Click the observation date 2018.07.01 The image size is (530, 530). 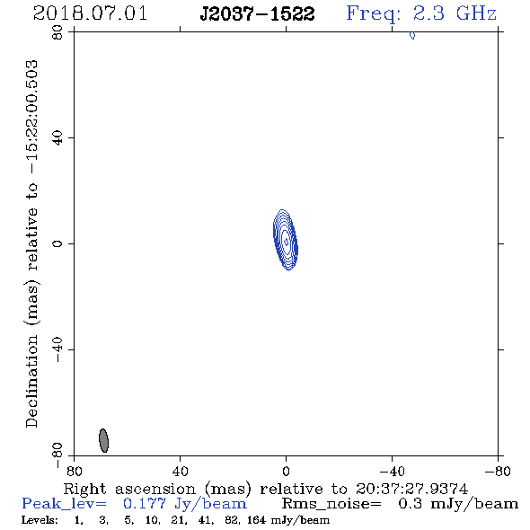click(x=90, y=13)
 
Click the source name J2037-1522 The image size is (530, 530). click(x=257, y=13)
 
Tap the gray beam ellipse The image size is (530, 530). click(x=103, y=440)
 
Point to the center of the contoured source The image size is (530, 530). click(x=286, y=242)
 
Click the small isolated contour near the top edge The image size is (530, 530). click(x=412, y=35)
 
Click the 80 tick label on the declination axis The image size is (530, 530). click(x=57, y=32)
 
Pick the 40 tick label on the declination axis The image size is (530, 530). click(x=57, y=138)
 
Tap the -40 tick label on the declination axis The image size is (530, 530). click(x=57, y=349)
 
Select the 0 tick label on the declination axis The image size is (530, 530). click(x=57, y=243)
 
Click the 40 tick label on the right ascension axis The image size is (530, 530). click(x=180, y=471)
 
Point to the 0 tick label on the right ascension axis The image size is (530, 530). click(x=286, y=471)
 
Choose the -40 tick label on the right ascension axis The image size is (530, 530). click(x=392, y=471)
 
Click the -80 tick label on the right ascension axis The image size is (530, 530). click(x=498, y=471)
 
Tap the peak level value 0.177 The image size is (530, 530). click(x=145, y=504)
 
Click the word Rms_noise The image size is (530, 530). click(x=331, y=504)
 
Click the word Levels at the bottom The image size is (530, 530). click(x=40, y=520)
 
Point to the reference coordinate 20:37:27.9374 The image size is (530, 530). click(x=411, y=489)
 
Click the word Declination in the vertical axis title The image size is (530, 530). click(x=31, y=382)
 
